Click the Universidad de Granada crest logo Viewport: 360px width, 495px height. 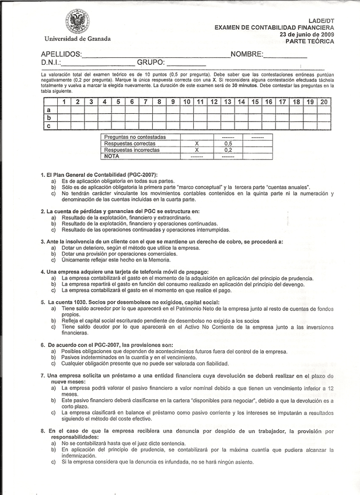(x=77, y=22)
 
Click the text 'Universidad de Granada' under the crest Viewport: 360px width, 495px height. (x=77, y=39)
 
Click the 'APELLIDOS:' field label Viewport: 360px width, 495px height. (x=62, y=55)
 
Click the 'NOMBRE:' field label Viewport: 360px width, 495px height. (x=247, y=55)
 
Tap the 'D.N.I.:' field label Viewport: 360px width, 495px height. (x=51, y=63)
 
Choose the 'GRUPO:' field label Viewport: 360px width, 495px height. (x=151, y=63)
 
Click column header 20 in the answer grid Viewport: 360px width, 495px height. (x=324, y=102)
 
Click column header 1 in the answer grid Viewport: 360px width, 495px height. (x=62, y=102)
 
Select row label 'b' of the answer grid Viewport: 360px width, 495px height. (x=48, y=117)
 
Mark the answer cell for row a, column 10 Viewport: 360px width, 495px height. (x=186, y=110)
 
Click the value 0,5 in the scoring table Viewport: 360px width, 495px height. (x=228, y=143)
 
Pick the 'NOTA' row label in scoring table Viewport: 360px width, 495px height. (x=112, y=156)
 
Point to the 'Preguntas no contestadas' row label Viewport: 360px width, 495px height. (x=135, y=137)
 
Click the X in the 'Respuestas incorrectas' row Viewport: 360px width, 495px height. (x=197, y=149)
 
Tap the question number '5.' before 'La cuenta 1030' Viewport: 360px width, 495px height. (x=43, y=302)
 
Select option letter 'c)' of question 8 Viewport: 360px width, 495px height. (x=54, y=462)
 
